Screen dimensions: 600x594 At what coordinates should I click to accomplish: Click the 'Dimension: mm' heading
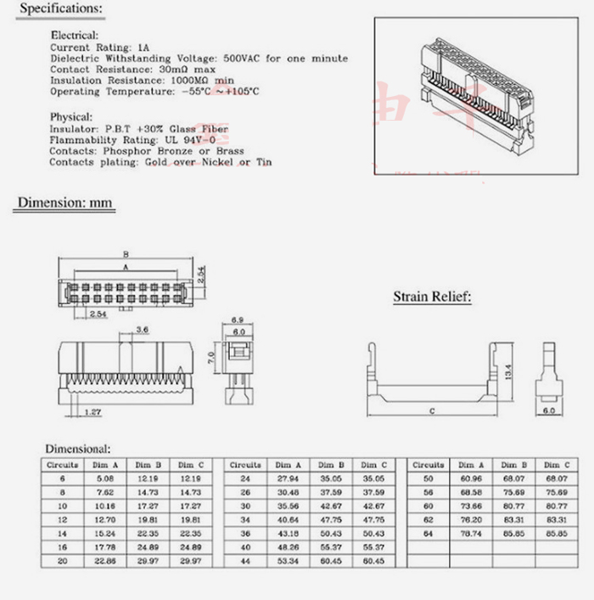click(65, 203)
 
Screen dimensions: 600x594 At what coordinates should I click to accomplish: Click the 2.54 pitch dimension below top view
click(98, 314)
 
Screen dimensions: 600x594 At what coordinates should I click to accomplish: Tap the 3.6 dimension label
click(143, 330)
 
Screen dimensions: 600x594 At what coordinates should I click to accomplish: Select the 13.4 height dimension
click(508, 371)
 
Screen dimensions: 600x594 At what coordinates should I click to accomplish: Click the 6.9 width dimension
click(238, 320)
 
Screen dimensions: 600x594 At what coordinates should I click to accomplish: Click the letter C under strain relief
click(431, 411)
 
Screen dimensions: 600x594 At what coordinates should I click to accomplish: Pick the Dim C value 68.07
click(556, 478)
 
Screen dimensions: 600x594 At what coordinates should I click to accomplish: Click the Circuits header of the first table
click(62, 465)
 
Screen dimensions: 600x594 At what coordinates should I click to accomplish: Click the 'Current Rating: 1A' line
click(100, 48)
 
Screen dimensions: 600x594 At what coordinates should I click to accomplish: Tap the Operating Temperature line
click(155, 91)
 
